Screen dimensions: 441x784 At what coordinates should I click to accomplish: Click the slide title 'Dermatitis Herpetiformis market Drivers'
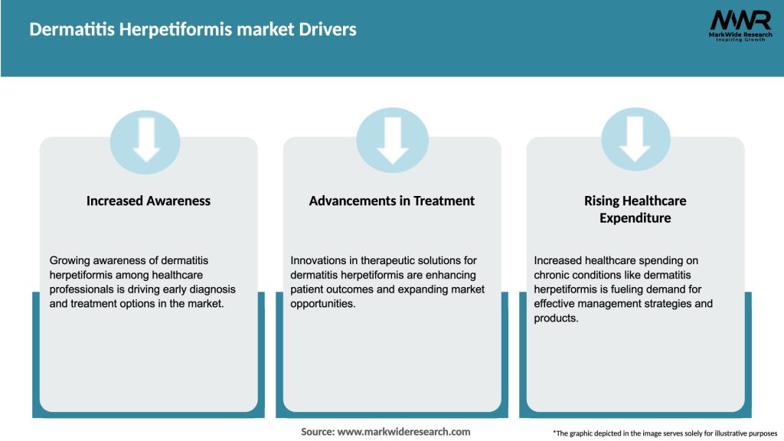(193, 30)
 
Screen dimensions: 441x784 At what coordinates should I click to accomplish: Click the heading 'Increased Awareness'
(148, 201)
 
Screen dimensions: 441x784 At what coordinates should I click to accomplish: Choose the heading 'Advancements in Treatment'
(392, 201)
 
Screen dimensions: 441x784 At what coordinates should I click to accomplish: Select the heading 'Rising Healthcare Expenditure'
(635, 209)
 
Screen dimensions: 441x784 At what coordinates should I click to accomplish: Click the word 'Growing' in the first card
(70, 261)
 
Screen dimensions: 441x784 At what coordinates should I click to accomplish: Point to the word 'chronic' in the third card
(554, 276)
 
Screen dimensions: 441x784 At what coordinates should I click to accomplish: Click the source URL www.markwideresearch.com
(403, 432)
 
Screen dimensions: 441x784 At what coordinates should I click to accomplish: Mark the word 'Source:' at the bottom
(317, 432)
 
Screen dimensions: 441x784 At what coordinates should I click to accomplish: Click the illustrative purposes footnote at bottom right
(665, 433)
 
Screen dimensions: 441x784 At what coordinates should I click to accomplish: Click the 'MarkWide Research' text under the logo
(740, 35)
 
